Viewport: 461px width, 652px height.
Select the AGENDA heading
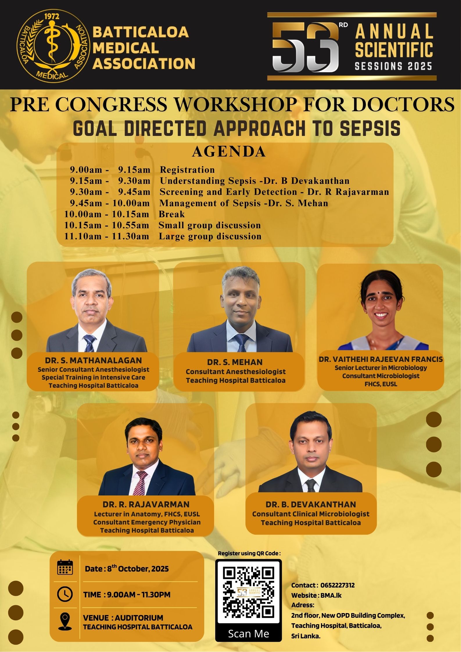pyautogui.click(x=229, y=152)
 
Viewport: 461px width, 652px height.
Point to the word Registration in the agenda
pyautogui.click(x=187, y=170)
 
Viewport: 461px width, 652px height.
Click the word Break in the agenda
pyautogui.click(x=172, y=214)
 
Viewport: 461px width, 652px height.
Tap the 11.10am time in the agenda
pyautogui.click(x=83, y=236)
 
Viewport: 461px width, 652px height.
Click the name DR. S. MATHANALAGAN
pyautogui.click(x=93, y=360)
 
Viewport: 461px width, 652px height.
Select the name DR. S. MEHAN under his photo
pyautogui.click(x=235, y=362)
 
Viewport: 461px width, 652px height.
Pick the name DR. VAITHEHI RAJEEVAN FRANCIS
pyautogui.click(x=381, y=359)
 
